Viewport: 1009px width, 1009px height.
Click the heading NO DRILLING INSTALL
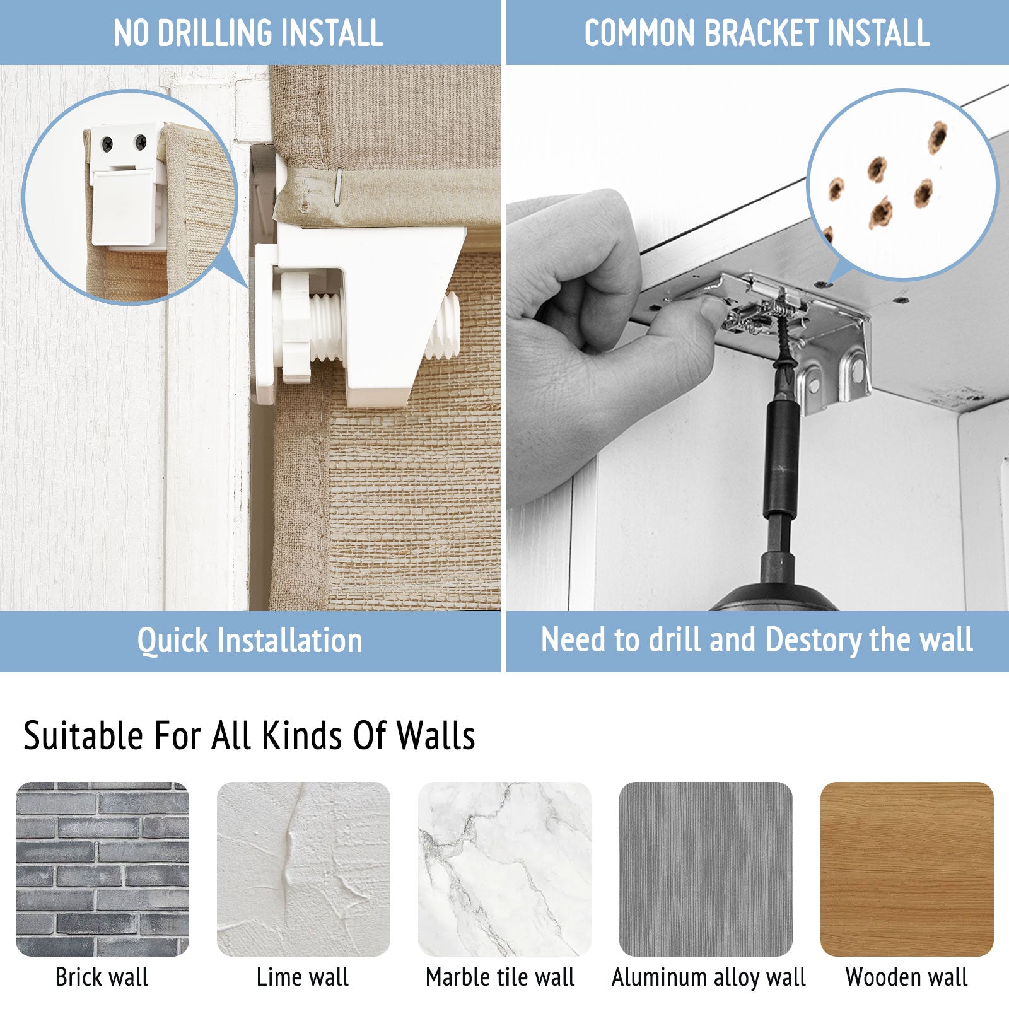click(248, 33)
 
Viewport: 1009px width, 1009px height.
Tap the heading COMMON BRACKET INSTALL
click(757, 33)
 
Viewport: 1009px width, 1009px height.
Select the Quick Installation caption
click(250, 640)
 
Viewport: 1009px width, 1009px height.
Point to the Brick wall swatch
click(102, 869)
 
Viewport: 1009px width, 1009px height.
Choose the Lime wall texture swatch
click(303, 869)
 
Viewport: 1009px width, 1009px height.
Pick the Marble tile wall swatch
click(504, 869)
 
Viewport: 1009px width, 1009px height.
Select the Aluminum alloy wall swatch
click(706, 869)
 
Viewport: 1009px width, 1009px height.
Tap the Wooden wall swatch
click(907, 869)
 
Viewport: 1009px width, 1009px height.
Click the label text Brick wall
click(102, 977)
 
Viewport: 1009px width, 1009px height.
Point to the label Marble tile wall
click(500, 977)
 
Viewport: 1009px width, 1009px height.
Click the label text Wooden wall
click(906, 977)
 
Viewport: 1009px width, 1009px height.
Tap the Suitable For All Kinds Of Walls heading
click(249, 735)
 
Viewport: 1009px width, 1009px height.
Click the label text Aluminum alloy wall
click(709, 977)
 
